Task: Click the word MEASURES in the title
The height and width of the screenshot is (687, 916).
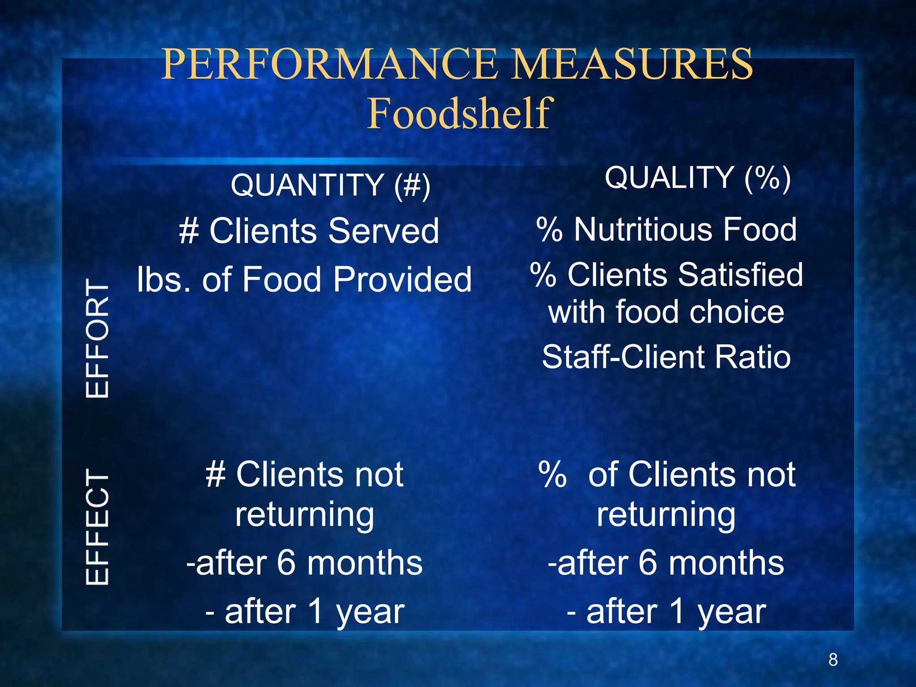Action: (x=632, y=65)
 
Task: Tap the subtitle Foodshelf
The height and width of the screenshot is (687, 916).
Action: (x=459, y=114)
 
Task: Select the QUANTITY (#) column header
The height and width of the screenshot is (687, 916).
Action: (x=331, y=185)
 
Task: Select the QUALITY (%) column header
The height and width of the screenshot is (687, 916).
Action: (x=698, y=178)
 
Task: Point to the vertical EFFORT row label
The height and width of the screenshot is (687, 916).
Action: (x=98, y=338)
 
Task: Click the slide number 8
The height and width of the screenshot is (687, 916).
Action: (x=833, y=660)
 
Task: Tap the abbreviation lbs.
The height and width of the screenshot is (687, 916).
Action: (x=165, y=279)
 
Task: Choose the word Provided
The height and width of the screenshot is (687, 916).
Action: (x=402, y=279)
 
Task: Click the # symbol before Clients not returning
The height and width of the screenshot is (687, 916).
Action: (x=216, y=475)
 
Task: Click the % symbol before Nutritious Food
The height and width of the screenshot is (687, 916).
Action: (x=549, y=229)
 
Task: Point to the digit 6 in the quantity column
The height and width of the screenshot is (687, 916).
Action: (x=286, y=563)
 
